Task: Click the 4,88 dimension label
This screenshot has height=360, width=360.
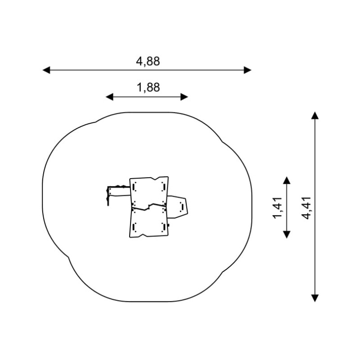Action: [x=148, y=62]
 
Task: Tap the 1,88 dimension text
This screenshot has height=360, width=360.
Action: [x=148, y=87]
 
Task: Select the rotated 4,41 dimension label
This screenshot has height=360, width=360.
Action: [x=306, y=208]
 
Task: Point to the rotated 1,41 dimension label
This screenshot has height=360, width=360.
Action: [x=277, y=207]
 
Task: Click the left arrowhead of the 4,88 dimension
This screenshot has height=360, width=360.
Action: [x=46, y=70]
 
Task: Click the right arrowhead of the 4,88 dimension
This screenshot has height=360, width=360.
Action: [x=247, y=70]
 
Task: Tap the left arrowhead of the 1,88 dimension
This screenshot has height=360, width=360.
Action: [x=109, y=97]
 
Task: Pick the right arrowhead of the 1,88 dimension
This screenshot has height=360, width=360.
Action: [x=184, y=97]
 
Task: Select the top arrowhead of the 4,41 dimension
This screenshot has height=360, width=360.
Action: [x=315, y=116]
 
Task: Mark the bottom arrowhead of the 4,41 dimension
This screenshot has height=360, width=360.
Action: [x=315, y=298]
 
